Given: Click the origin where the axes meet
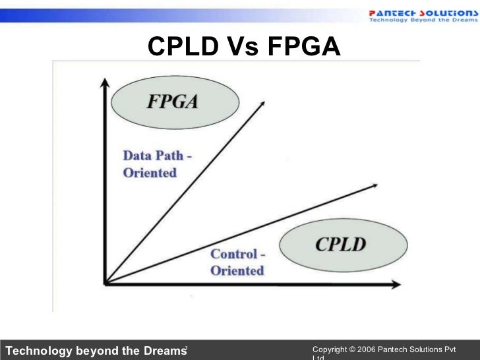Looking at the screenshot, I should [x=105, y=283].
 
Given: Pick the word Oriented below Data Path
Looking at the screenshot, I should [x=150, y=173].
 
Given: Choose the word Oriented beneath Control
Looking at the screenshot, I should [x=237, y=270].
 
